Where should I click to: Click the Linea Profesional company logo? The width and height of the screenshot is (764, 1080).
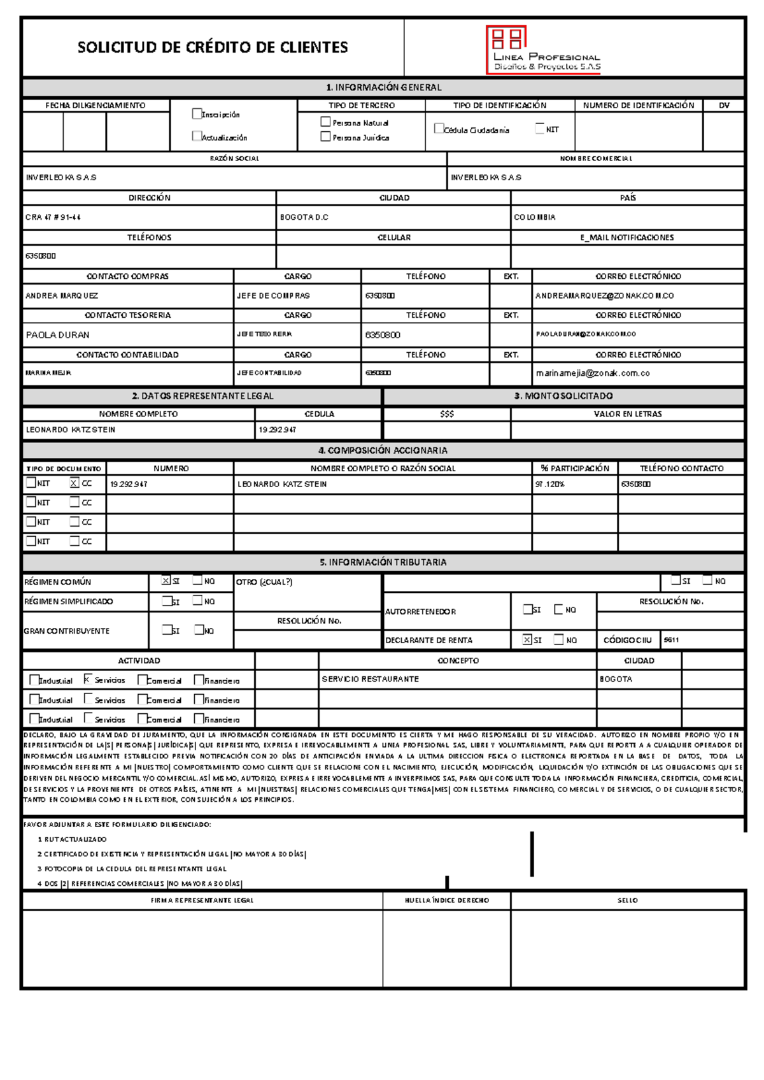click(x=543, y=49)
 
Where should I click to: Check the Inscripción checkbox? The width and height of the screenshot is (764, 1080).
click(x=197, y=114)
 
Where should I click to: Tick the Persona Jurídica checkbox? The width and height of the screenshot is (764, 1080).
click(x=325, y=136)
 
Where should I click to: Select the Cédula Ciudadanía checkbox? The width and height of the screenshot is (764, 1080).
click(x=439, y=129)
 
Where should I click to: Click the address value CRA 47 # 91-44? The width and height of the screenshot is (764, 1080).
click(x=53, y=217)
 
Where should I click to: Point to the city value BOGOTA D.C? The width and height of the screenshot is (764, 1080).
click(x=304, y=217)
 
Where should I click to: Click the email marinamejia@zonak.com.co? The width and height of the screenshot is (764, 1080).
click(x=592, y=373)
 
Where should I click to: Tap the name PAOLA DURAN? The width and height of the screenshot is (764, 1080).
click(x=57, y=335)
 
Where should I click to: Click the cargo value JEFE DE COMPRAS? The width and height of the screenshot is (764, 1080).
click(x=273, y=295)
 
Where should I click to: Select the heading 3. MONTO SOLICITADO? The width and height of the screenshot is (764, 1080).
click(x=563, y=396)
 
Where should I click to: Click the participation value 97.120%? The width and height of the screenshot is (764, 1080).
click(x=550, y=484)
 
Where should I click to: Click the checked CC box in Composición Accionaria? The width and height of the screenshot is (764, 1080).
click(x=74, y=483)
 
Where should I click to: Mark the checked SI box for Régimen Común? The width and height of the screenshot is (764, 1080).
click(x=166, y=581)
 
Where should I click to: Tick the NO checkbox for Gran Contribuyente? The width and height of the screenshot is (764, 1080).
click(x=199, y=630)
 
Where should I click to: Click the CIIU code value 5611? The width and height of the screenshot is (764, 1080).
click(x=672, y=640)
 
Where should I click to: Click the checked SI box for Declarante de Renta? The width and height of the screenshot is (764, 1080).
click(x=527, y=639)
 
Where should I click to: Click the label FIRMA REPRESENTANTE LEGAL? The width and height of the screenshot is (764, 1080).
click(x=202, y=900)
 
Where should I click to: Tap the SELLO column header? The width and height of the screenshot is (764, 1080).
click(x=627, y=900)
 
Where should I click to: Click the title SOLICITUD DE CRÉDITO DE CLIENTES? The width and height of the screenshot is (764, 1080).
click(x=213, y=47)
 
